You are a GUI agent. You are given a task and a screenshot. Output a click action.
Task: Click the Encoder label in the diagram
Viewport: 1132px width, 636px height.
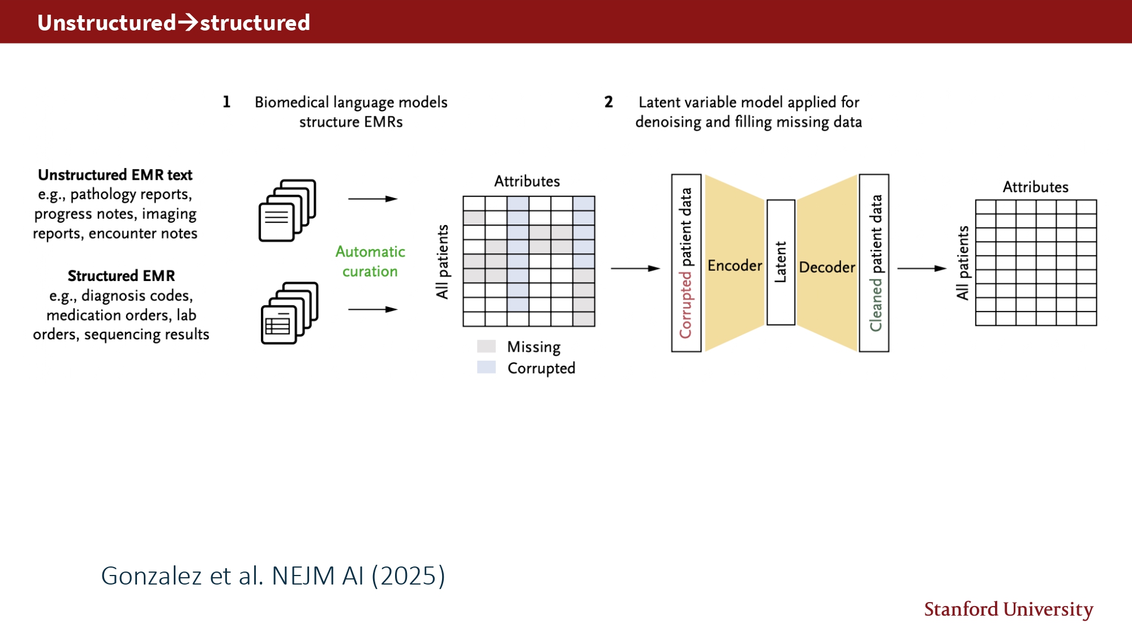[734, 265]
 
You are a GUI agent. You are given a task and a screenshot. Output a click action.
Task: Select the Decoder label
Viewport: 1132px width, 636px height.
[827, 267]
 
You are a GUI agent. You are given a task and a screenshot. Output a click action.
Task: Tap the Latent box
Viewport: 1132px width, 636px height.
[781, 262]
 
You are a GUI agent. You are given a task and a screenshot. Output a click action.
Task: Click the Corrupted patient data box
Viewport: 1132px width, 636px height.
[686, 263]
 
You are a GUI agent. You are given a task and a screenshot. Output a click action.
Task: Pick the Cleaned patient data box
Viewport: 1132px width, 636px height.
[874, 263]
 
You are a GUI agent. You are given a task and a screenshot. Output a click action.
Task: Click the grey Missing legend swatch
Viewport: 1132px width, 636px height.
[486, 346]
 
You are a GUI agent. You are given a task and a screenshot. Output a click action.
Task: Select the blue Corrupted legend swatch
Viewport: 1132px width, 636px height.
[486, 367]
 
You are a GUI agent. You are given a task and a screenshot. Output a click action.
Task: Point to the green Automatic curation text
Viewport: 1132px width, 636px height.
[370, 261]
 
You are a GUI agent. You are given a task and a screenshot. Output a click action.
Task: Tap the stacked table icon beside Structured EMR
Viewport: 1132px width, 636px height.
[289, 313]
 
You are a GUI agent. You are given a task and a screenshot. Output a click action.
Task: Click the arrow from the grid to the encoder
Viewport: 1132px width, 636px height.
[635, 269]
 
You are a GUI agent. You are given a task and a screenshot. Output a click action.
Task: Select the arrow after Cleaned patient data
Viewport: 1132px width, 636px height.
[921, 269]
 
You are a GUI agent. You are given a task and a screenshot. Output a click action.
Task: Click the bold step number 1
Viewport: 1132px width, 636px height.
[226, 102]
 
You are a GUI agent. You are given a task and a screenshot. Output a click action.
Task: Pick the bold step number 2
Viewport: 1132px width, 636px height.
[608, 102]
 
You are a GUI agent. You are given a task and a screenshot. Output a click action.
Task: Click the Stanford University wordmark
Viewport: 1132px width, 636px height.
[1008, 609]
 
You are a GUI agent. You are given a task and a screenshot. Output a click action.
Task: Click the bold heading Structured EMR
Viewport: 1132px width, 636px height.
[121, 276]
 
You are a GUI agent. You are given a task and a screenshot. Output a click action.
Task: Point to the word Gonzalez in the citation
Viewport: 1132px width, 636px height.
[151, 576]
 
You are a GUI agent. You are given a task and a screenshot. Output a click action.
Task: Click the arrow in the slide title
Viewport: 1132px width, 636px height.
[188, 23]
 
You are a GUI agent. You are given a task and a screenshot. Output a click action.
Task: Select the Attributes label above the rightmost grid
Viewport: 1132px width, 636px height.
[1035, 187]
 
